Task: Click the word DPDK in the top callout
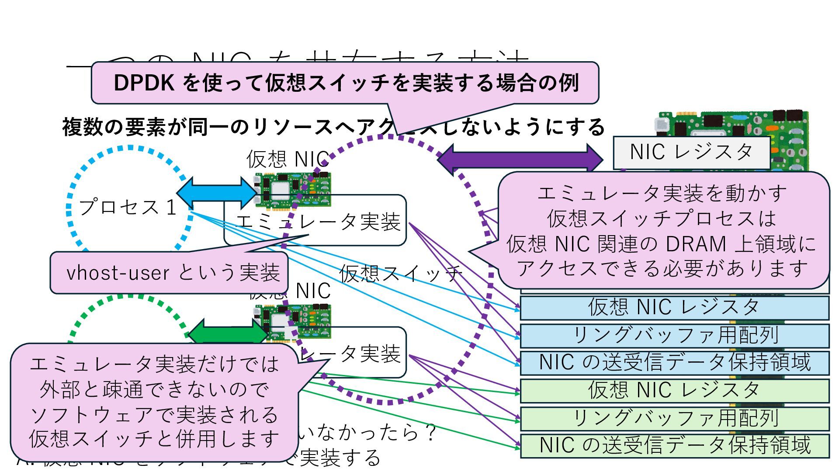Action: (144, 83)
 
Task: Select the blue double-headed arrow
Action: (217, 193)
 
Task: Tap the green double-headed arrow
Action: (227, 334)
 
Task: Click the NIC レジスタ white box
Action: (691, 153)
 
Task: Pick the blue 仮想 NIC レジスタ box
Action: (674, 307)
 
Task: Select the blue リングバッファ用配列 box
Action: (674, 335)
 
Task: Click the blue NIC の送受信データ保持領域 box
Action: (674, 363)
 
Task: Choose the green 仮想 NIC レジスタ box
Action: (674, 390)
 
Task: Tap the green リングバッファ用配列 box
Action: (674, 418)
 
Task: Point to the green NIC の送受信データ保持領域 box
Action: (674, 445)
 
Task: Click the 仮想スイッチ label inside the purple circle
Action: (400, 274)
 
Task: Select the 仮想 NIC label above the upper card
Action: (288, 160)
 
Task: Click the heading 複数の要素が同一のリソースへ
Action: (197, 128)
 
